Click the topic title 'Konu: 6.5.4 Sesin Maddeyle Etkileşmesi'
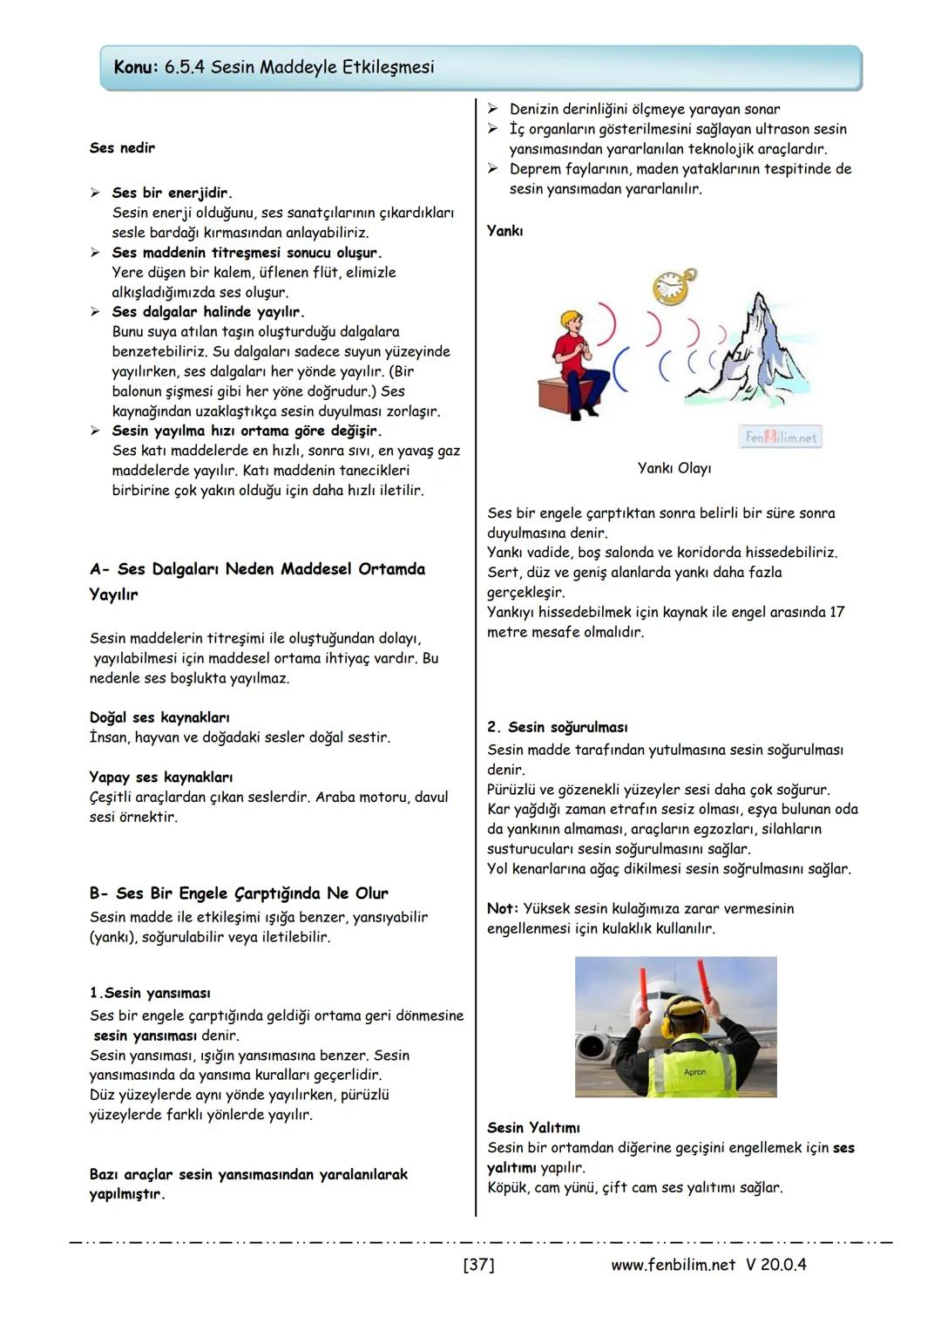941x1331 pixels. click(x=274, y=67)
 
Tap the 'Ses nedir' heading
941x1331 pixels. click(x=122, y=147)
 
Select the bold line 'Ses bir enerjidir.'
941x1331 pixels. click(x=172, y=193)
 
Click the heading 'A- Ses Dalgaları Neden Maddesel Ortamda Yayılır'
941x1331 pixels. click(x=257, y=581)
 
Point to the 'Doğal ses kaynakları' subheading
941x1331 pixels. click(x=159, y=717)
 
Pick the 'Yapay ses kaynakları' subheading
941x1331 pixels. click(x=160, y=777)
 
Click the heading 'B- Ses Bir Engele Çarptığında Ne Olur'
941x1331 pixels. click(x=239, y=893)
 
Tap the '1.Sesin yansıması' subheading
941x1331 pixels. click(x=150, y=993)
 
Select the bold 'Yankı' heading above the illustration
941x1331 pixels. click(x=504, y=231)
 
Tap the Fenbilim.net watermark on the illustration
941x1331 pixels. click(x=781, y=438)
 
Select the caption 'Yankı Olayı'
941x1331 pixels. click(x=674, y=468)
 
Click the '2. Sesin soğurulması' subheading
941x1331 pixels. click(x=557, y=727)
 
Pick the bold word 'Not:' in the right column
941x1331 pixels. click(x=503, y=908)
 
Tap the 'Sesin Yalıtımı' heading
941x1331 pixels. click(x=533, y=1128)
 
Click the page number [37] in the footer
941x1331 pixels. click(x=478, y=1264)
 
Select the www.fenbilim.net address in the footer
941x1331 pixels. click(x=673, y=1264)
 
